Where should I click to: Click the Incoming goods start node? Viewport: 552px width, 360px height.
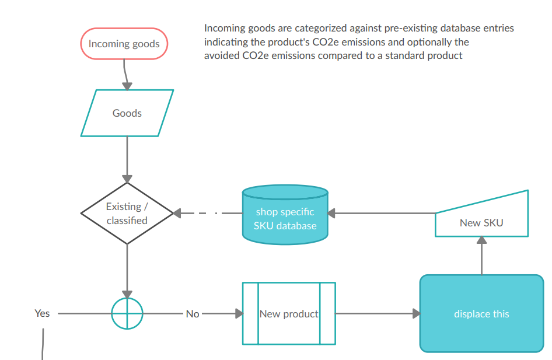(x=124, y=44)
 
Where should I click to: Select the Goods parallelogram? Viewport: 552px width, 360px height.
(x=127, y=113)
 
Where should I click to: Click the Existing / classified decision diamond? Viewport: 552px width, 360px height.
(x=127, y=214)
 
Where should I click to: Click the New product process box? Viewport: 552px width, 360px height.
(x=289, y=314)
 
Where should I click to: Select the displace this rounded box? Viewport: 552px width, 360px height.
(x=481, y=314)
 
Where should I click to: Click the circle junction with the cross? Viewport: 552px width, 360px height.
(x=127, y=313)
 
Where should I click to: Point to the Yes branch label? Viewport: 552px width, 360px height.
(x=42, y=313)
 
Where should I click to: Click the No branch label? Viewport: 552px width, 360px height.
(x=193, y=314)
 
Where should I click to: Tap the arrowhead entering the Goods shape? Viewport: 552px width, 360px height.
(x=127, y=86)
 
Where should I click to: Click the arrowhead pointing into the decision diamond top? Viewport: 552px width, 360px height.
(x=127, y=179)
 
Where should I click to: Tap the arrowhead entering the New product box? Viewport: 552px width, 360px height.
(x=239, y=314)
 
